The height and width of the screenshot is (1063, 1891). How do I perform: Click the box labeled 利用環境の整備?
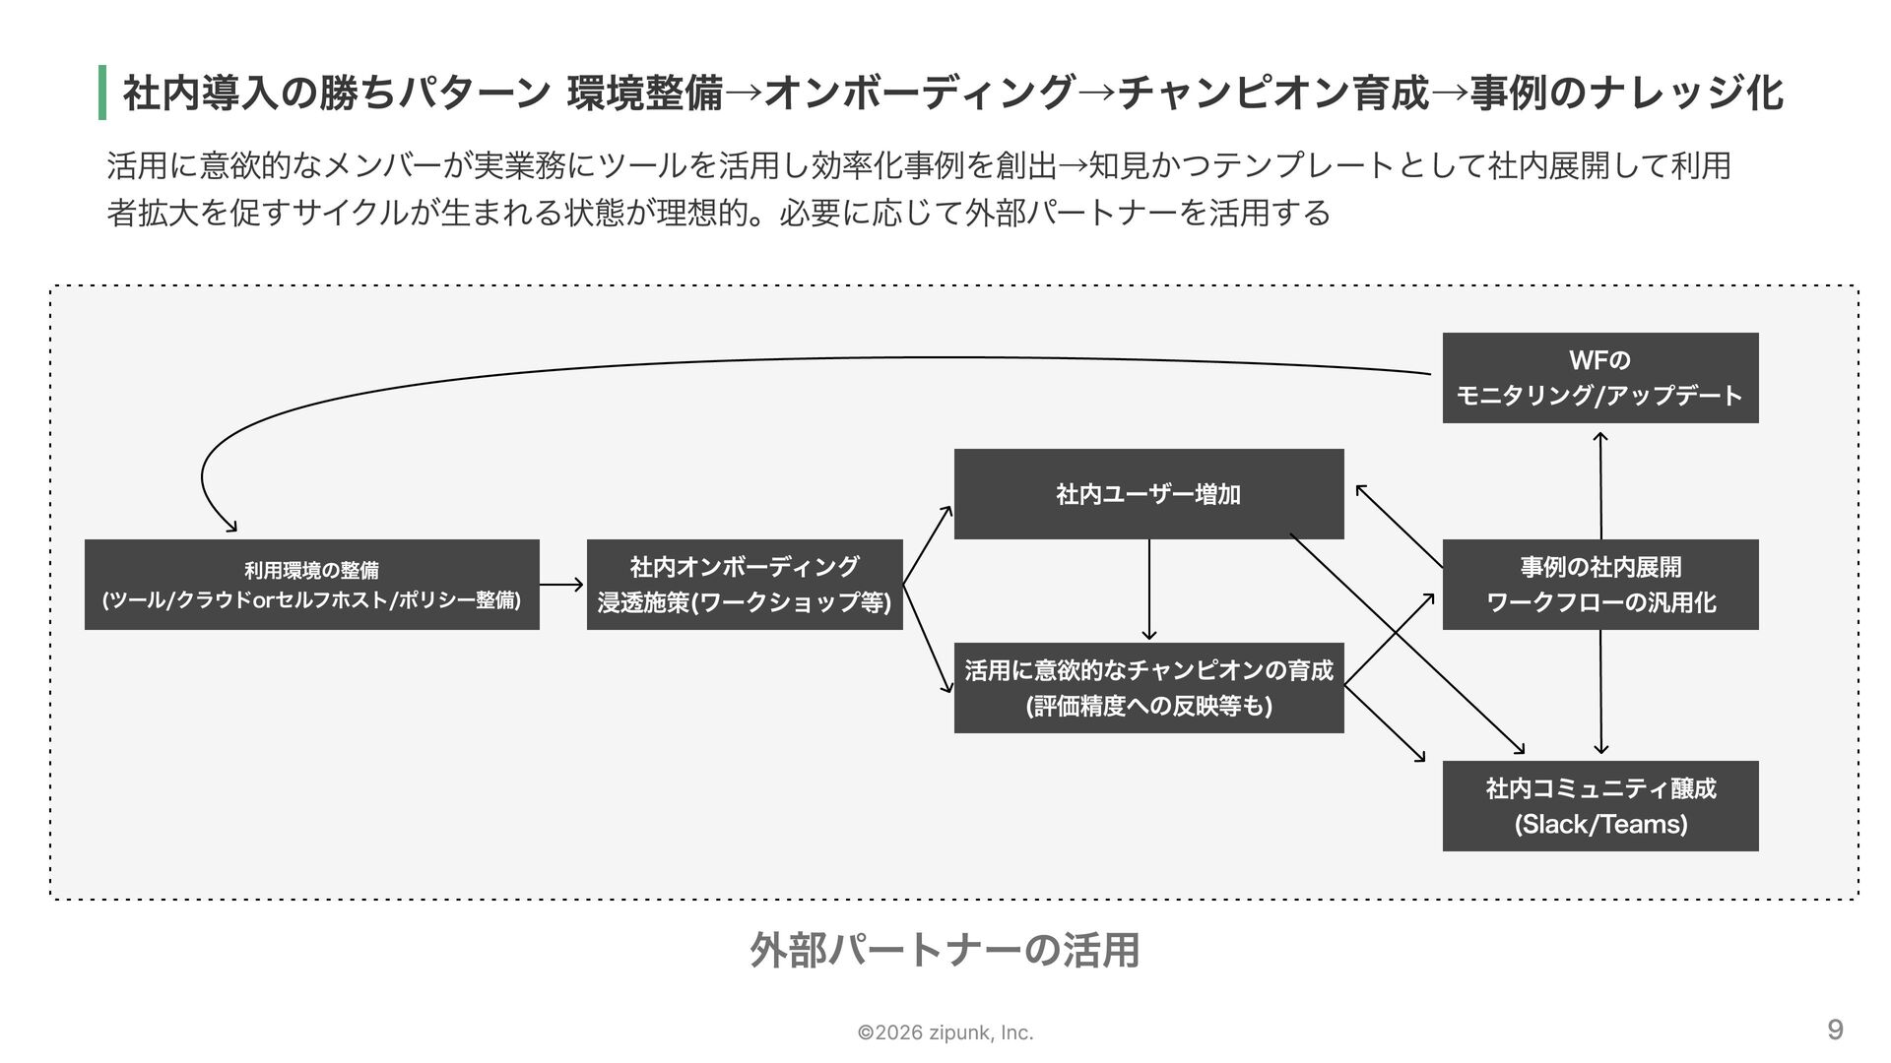click(311, 585)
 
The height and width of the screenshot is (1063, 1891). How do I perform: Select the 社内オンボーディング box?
click(745, 585)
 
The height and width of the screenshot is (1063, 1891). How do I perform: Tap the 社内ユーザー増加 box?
click(1148, 494)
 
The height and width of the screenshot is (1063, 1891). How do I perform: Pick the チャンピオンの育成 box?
click(1148, 687)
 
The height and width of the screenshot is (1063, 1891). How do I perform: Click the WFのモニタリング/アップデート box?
click(1600, 378)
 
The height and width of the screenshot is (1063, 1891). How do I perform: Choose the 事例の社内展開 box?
click(1600, 585)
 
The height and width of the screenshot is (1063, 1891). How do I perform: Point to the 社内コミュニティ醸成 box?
click(1600, 806)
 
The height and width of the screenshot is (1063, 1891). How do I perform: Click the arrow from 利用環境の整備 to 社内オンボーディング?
click(561, 585)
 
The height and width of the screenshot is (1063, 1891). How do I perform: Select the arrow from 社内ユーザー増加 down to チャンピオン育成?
click(1148, 590)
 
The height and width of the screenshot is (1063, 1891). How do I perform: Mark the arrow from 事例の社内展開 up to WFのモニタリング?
click(1600, 485)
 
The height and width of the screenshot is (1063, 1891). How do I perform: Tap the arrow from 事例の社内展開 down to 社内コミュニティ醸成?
click(1600, 692)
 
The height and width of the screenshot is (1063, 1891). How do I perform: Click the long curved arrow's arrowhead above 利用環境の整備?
click(232, 528)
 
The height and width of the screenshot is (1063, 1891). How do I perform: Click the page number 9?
click(1835, 1030)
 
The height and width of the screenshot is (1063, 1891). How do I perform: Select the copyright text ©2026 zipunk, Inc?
click(945, 1032)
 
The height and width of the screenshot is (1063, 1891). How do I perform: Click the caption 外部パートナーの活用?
click(945, 950)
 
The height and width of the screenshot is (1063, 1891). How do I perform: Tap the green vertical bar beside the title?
click(102, 93)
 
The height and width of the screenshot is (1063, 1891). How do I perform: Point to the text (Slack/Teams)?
click(1600, 824)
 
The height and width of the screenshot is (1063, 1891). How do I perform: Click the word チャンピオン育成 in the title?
click(1272, 94)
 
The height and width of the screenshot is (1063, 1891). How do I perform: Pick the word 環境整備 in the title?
click(645, 94)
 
